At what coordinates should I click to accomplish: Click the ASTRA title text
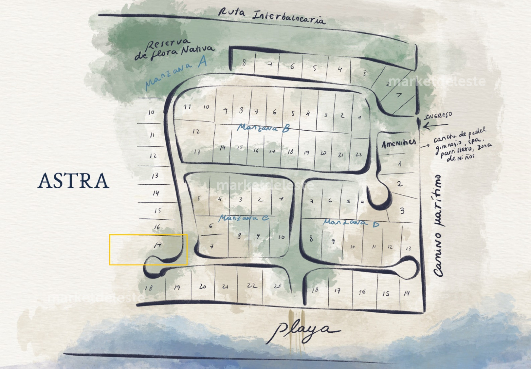coord(73,181)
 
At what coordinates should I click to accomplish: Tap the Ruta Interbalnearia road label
coord(272,16)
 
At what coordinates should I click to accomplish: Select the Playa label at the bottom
coord(303,331)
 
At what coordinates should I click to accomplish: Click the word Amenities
coord(399,143)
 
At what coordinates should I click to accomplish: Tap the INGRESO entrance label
coord(438,116)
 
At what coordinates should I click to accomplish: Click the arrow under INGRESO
coord(433,126)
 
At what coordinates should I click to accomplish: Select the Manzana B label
coord(263,128)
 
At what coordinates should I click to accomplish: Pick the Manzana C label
coord(243,218)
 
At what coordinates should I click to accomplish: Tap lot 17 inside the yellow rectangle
coord(158,245)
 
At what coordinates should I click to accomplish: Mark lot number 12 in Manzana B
coord(196,131)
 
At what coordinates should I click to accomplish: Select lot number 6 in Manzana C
coord(211,226)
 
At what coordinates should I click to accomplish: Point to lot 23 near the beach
coord(277,286)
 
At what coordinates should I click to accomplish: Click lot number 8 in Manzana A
coord(244,63)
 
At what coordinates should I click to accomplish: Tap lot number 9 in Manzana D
coord(333,241)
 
